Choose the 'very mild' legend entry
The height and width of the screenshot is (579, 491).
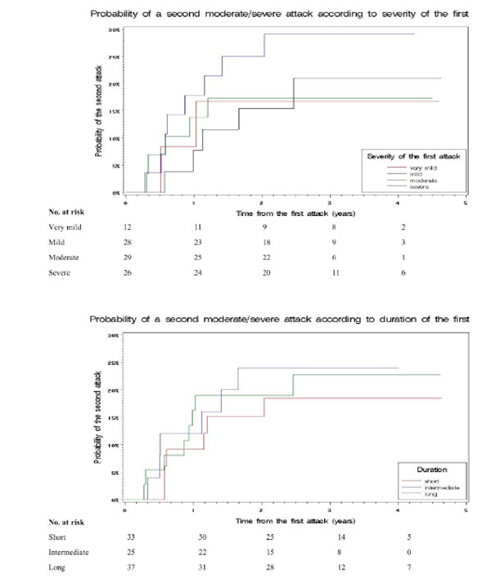coord(422,168)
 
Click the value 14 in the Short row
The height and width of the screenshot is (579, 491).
coord(331,537)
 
